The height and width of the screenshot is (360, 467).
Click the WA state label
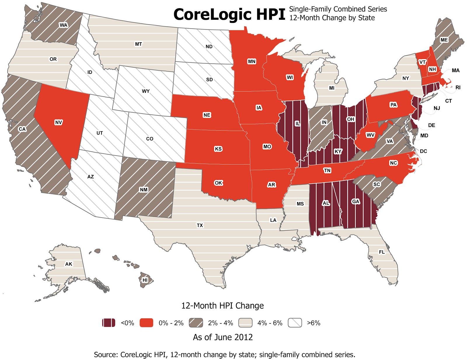pyautogui.click(x=63, y=25)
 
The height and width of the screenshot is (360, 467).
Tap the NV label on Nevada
pyautogui.click(x=58, y=122)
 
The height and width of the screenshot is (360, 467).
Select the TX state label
pyautogui.click(x=200, y=225)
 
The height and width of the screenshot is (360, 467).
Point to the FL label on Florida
pyautogui.click(x=382, y=252)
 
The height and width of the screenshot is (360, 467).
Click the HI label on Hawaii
pyautogui.click(x=145, y=280)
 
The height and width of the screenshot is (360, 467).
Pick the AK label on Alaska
pyautogui.click(x=69, y=264)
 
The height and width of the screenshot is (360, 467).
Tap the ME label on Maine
pyautogui.click(x=444, y=40)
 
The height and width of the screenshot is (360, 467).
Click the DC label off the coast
pyautogui.click(x=424, y=151)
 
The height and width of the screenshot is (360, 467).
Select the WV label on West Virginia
pyautogui.click(x=370, y=135)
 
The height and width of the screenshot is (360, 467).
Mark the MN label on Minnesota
pyautogui.click(x=252, y=61)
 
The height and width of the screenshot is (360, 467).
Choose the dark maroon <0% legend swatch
pyautogui.click(x=109, y=323)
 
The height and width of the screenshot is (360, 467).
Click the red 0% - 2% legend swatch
pyautogui.click(x=146, y=323)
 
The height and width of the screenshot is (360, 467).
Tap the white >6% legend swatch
pyautogui.click(x=295, y=323)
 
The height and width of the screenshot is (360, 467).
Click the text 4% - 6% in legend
pyautogui.click(x=270, y=323)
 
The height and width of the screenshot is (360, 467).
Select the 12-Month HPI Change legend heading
pyautogui.click(x=222, y=306)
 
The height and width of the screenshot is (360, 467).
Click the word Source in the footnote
pyautogui.click(x=105, y=355)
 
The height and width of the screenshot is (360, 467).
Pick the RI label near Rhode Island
pyautogui.click(x=458, y=87)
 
